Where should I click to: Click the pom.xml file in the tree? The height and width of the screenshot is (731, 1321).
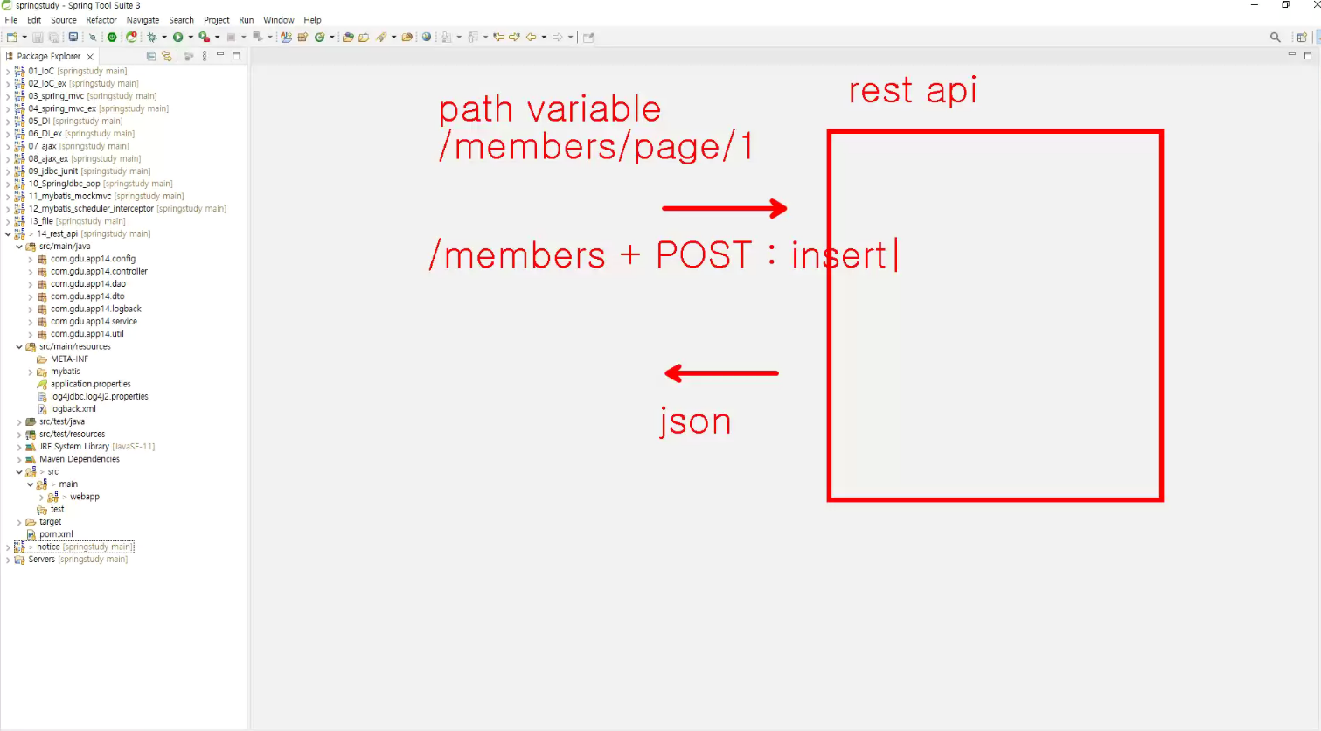point(56,534)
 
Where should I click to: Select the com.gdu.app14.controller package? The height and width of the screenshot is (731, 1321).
point(99,271)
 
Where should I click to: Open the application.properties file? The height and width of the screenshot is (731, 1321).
point(91,384)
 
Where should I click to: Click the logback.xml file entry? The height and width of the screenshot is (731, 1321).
point(73,409)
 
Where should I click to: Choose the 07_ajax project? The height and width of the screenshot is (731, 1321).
point(43,146)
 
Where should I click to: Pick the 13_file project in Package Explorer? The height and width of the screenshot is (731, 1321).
point(41,221)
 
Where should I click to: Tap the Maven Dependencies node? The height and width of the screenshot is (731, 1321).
point(80,459)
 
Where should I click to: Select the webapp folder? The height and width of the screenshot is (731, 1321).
point(85,497)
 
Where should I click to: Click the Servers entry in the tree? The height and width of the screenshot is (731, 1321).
point(41,560)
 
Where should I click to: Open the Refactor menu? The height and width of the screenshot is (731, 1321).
point(101,20)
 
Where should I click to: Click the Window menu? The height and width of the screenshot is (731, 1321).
point(278,20)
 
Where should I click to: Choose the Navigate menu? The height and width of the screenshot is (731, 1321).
point(143,20)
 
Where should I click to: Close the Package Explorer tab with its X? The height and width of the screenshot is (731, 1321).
point(90,57)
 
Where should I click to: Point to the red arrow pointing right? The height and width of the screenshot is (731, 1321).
point(724,208)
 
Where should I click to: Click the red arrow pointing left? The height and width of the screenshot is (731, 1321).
point(721,372)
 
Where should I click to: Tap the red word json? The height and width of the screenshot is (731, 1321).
point(695,421)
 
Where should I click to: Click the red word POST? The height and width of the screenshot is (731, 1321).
point(704,254)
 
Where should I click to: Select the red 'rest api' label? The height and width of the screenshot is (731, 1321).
point(913,90)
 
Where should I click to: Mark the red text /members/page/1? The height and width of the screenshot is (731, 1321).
point(595,146)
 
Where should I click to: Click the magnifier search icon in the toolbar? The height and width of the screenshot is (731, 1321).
point(1275,38)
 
